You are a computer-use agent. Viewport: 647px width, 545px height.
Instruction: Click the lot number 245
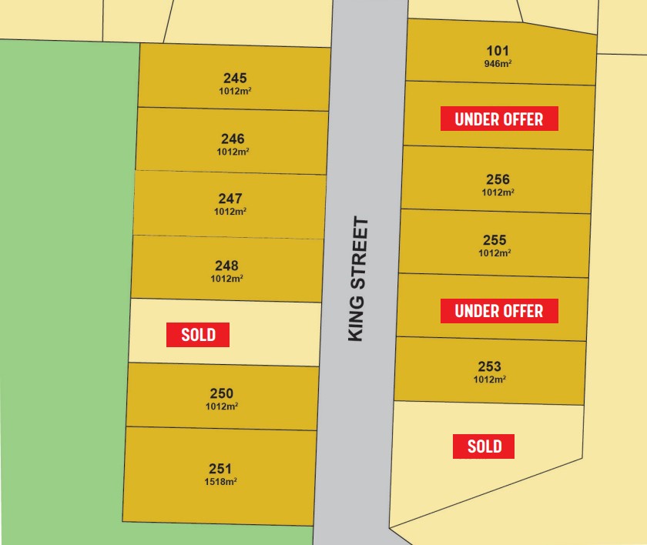point(235,78)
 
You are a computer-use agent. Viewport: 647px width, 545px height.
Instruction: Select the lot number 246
point(233,139)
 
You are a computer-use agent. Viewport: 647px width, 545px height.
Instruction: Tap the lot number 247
point(230,199)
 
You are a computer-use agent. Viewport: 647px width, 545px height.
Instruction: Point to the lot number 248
point(226,266)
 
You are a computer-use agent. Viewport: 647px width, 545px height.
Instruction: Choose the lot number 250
point(221,393)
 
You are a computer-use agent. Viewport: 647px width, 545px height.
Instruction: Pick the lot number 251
point(220,468)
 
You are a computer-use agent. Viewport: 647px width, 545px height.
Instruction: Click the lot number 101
point(498,51)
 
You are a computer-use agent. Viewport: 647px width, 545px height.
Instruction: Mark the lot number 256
point(498,179)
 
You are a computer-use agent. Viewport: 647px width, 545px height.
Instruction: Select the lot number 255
point(494,240)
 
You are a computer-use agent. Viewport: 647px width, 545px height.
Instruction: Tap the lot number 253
point(489,366)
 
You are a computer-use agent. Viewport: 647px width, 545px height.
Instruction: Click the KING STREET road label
point(358,279)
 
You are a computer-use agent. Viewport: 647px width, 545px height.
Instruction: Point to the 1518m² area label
point(220,482)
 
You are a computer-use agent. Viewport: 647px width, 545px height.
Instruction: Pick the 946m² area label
point(498,64)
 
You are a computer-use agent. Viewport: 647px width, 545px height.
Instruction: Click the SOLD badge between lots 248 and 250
point(198,335)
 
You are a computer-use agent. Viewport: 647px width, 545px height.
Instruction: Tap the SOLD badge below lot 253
point(484,446)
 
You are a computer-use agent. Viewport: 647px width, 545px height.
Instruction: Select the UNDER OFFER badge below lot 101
point(499,119)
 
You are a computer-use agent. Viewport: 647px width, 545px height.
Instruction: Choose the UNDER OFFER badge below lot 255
point(499,311)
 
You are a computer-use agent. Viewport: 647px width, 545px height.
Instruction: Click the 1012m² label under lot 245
point(235,91)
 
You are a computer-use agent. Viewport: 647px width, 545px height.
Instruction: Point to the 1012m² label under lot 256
point(498,192)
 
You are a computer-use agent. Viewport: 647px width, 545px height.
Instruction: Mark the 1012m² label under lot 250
point(221,406)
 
